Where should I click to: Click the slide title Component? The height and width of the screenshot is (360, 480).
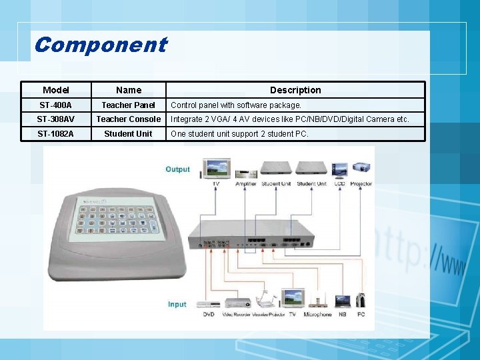pos(100,45)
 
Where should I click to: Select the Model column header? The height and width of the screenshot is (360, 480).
pos(55,90)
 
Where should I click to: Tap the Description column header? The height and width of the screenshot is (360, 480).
pos(295,90)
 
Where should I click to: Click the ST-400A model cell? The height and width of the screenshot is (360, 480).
pos(55,105)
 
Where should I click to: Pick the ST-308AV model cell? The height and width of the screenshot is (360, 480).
pos(55,119)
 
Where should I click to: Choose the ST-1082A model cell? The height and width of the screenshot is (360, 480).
pos(55,134)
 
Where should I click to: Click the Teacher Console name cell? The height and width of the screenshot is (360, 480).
pos(128,119)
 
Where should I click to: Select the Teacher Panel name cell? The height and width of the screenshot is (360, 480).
pos(128,105)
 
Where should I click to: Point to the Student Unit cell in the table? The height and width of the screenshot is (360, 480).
pos(128,134)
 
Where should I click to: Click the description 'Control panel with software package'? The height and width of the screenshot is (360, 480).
pos(236,105)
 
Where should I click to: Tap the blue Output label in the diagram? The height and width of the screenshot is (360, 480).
pos(177,169)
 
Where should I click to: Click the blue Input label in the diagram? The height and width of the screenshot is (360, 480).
pos(177,305)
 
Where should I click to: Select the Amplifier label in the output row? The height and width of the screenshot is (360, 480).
pos(245,184)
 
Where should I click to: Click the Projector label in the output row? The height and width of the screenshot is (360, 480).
pos(361,184)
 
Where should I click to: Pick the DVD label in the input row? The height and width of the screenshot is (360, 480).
pos(209,314)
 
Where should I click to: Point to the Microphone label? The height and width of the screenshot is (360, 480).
pos(317,314)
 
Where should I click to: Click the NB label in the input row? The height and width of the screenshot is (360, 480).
pos(343,314)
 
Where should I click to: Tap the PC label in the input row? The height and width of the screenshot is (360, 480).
pos(361,314)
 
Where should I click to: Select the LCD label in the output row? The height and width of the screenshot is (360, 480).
pos(340,184)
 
